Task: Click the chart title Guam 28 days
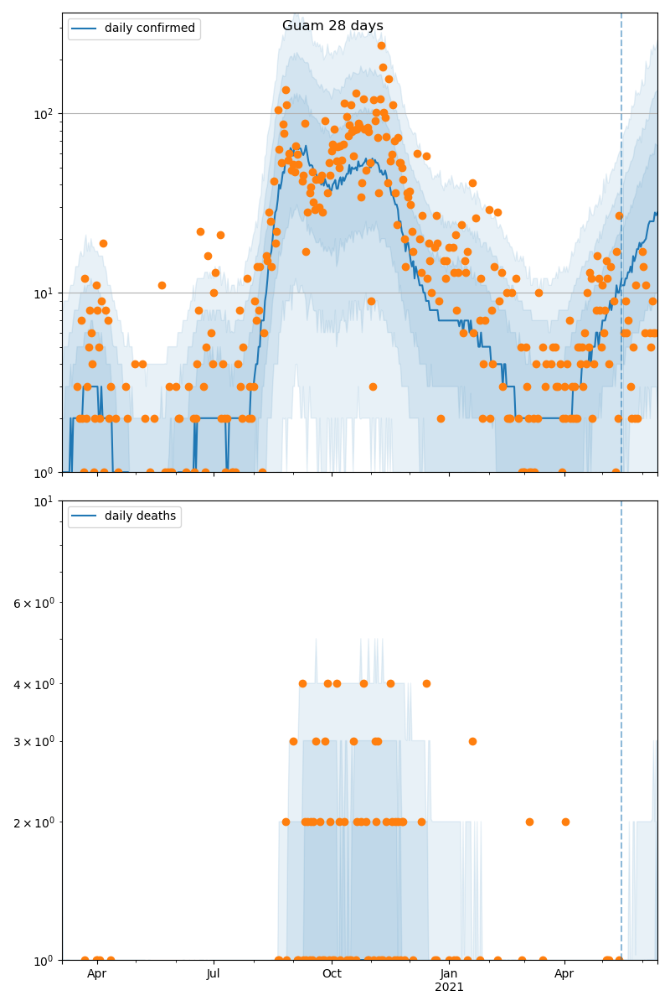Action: click(x=332, y=26)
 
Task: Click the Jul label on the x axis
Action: click(x=214, y=974)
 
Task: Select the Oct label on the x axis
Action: click(x=332, y=974)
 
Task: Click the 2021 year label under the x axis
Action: click(x=449, y=988)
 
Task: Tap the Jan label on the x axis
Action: click(x=449, y=974)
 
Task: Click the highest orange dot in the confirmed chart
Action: click(x=381, y=46)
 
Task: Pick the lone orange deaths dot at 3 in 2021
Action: click(x=472, y=741)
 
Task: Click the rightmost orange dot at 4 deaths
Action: click(x=426, y=683)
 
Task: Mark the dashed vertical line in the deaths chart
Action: click(x=621, y=713)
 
